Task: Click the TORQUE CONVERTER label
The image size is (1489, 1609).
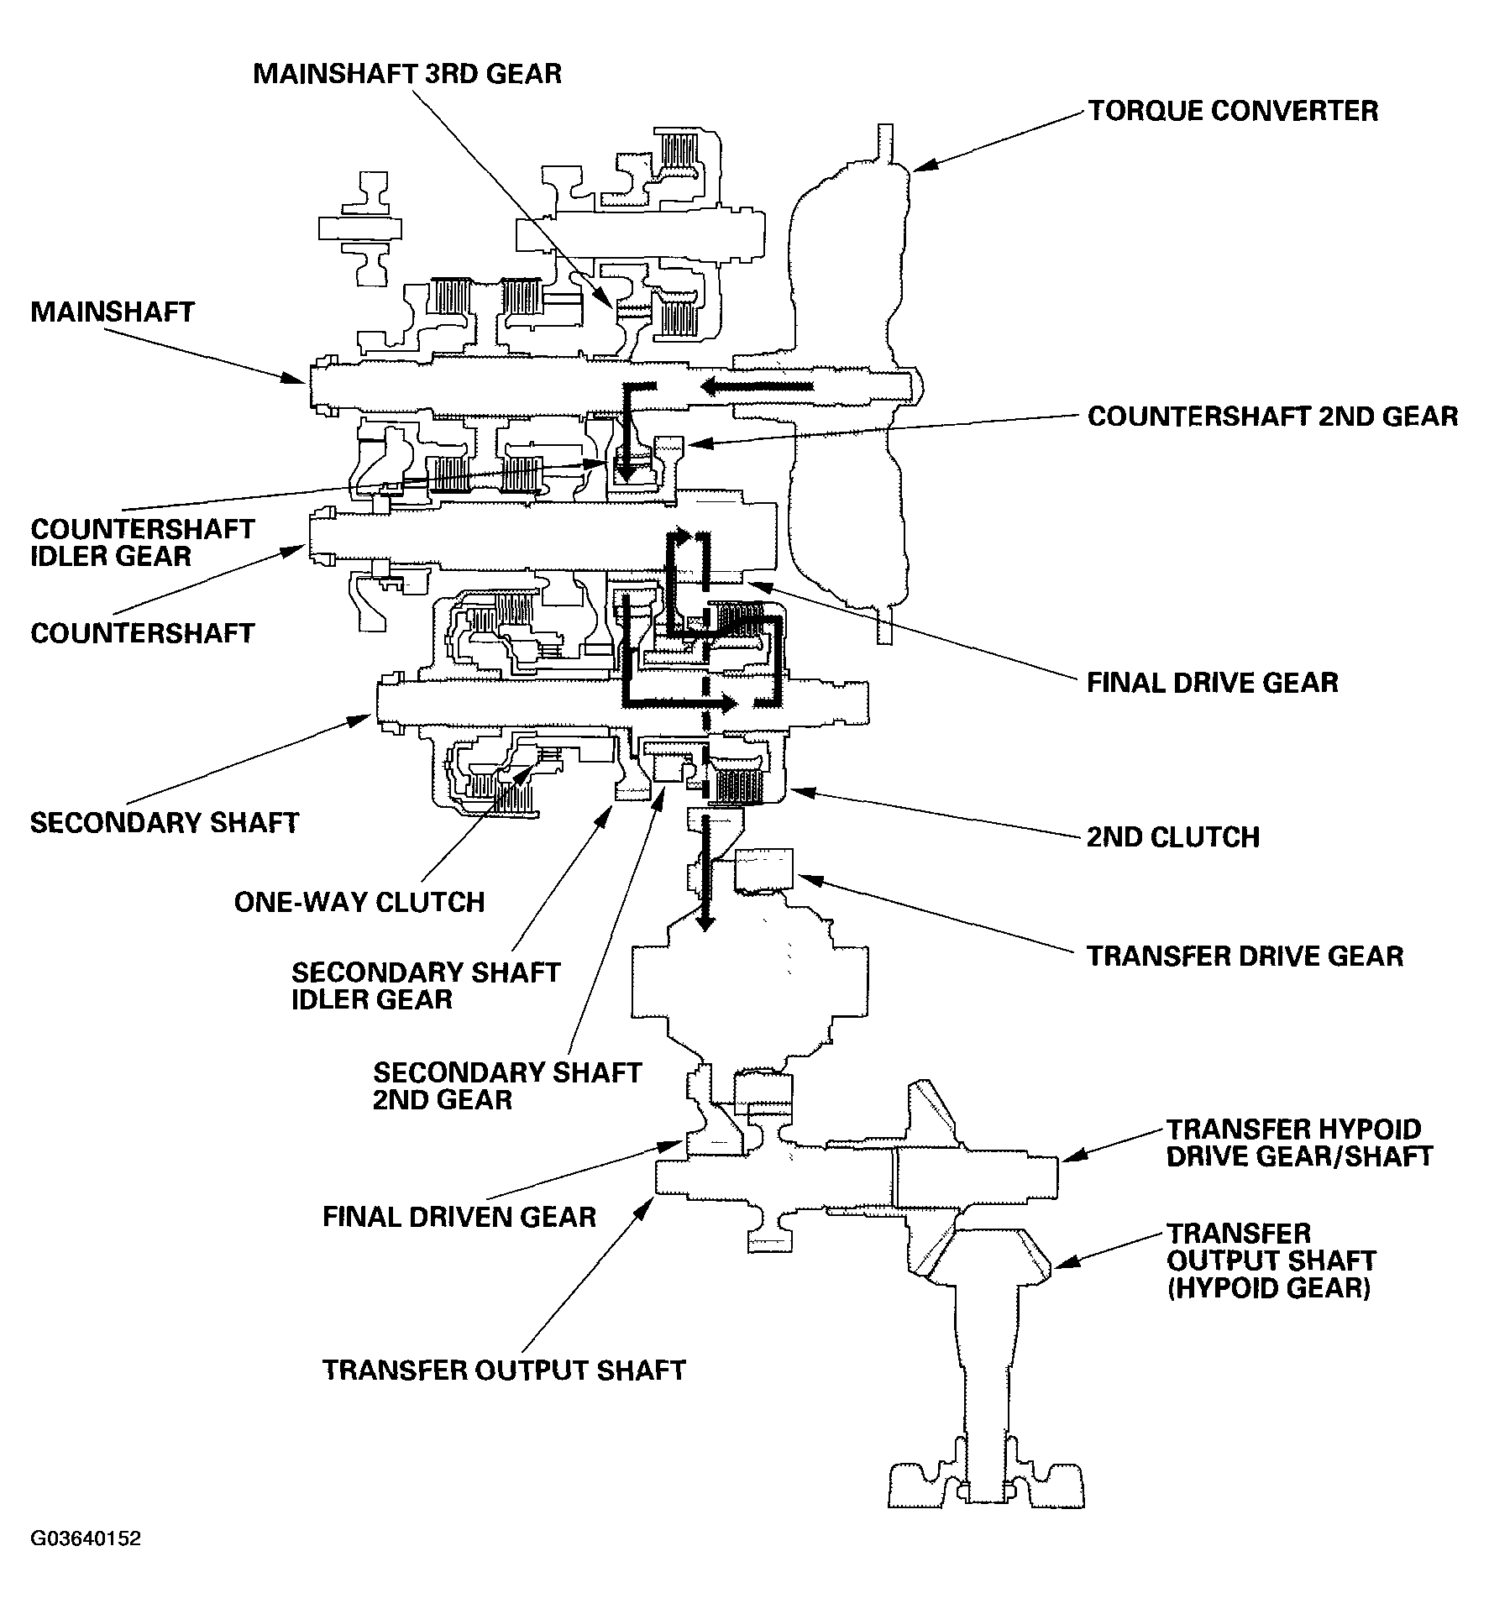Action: click(x=1234, y=111)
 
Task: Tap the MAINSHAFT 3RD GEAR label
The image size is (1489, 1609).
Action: click(x=407, y=73)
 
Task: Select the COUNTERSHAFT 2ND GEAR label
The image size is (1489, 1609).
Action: click(x=1273, y=416)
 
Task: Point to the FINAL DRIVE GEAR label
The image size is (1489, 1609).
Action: click(x=1213, y=682)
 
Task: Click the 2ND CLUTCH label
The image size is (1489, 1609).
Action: click(x=1173, y=836)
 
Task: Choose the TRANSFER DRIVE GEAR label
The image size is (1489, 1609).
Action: click(x=1245, y=956)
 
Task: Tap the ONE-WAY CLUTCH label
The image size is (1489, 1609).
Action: click(x=359, y=902)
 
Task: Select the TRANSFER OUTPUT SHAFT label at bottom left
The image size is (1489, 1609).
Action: click(x=505, y=1370)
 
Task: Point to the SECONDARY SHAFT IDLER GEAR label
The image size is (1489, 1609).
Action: click(x=426, y=986)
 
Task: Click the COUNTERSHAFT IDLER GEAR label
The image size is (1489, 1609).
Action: click(x=143, y=542)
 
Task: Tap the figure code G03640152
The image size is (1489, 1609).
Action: click(x=87, y=1538)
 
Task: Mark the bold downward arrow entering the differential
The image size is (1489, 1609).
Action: click(x=706, y=873)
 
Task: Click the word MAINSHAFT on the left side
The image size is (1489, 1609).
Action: click(x=113, y=312)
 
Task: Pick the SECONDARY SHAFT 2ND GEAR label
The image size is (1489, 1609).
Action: click(x=507, y=1086)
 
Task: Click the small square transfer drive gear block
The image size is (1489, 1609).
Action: click(x=763, y=870)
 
